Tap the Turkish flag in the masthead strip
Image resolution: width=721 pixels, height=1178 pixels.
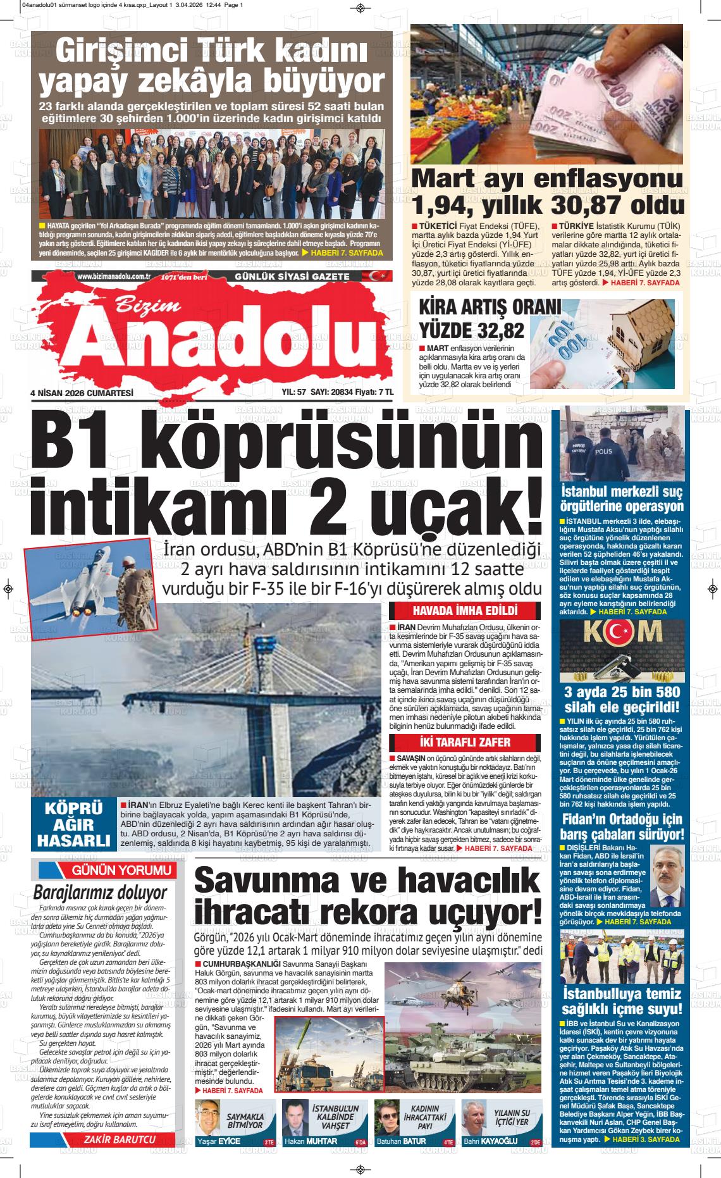coord(361,276)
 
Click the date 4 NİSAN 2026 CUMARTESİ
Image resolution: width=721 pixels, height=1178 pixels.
coord(82,393)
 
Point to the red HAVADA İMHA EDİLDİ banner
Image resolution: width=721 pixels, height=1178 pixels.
coord(465,611)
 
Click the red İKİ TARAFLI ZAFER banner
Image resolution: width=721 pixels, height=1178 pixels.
coord(465,742)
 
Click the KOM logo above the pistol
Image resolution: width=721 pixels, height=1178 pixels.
coord(621,631)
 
